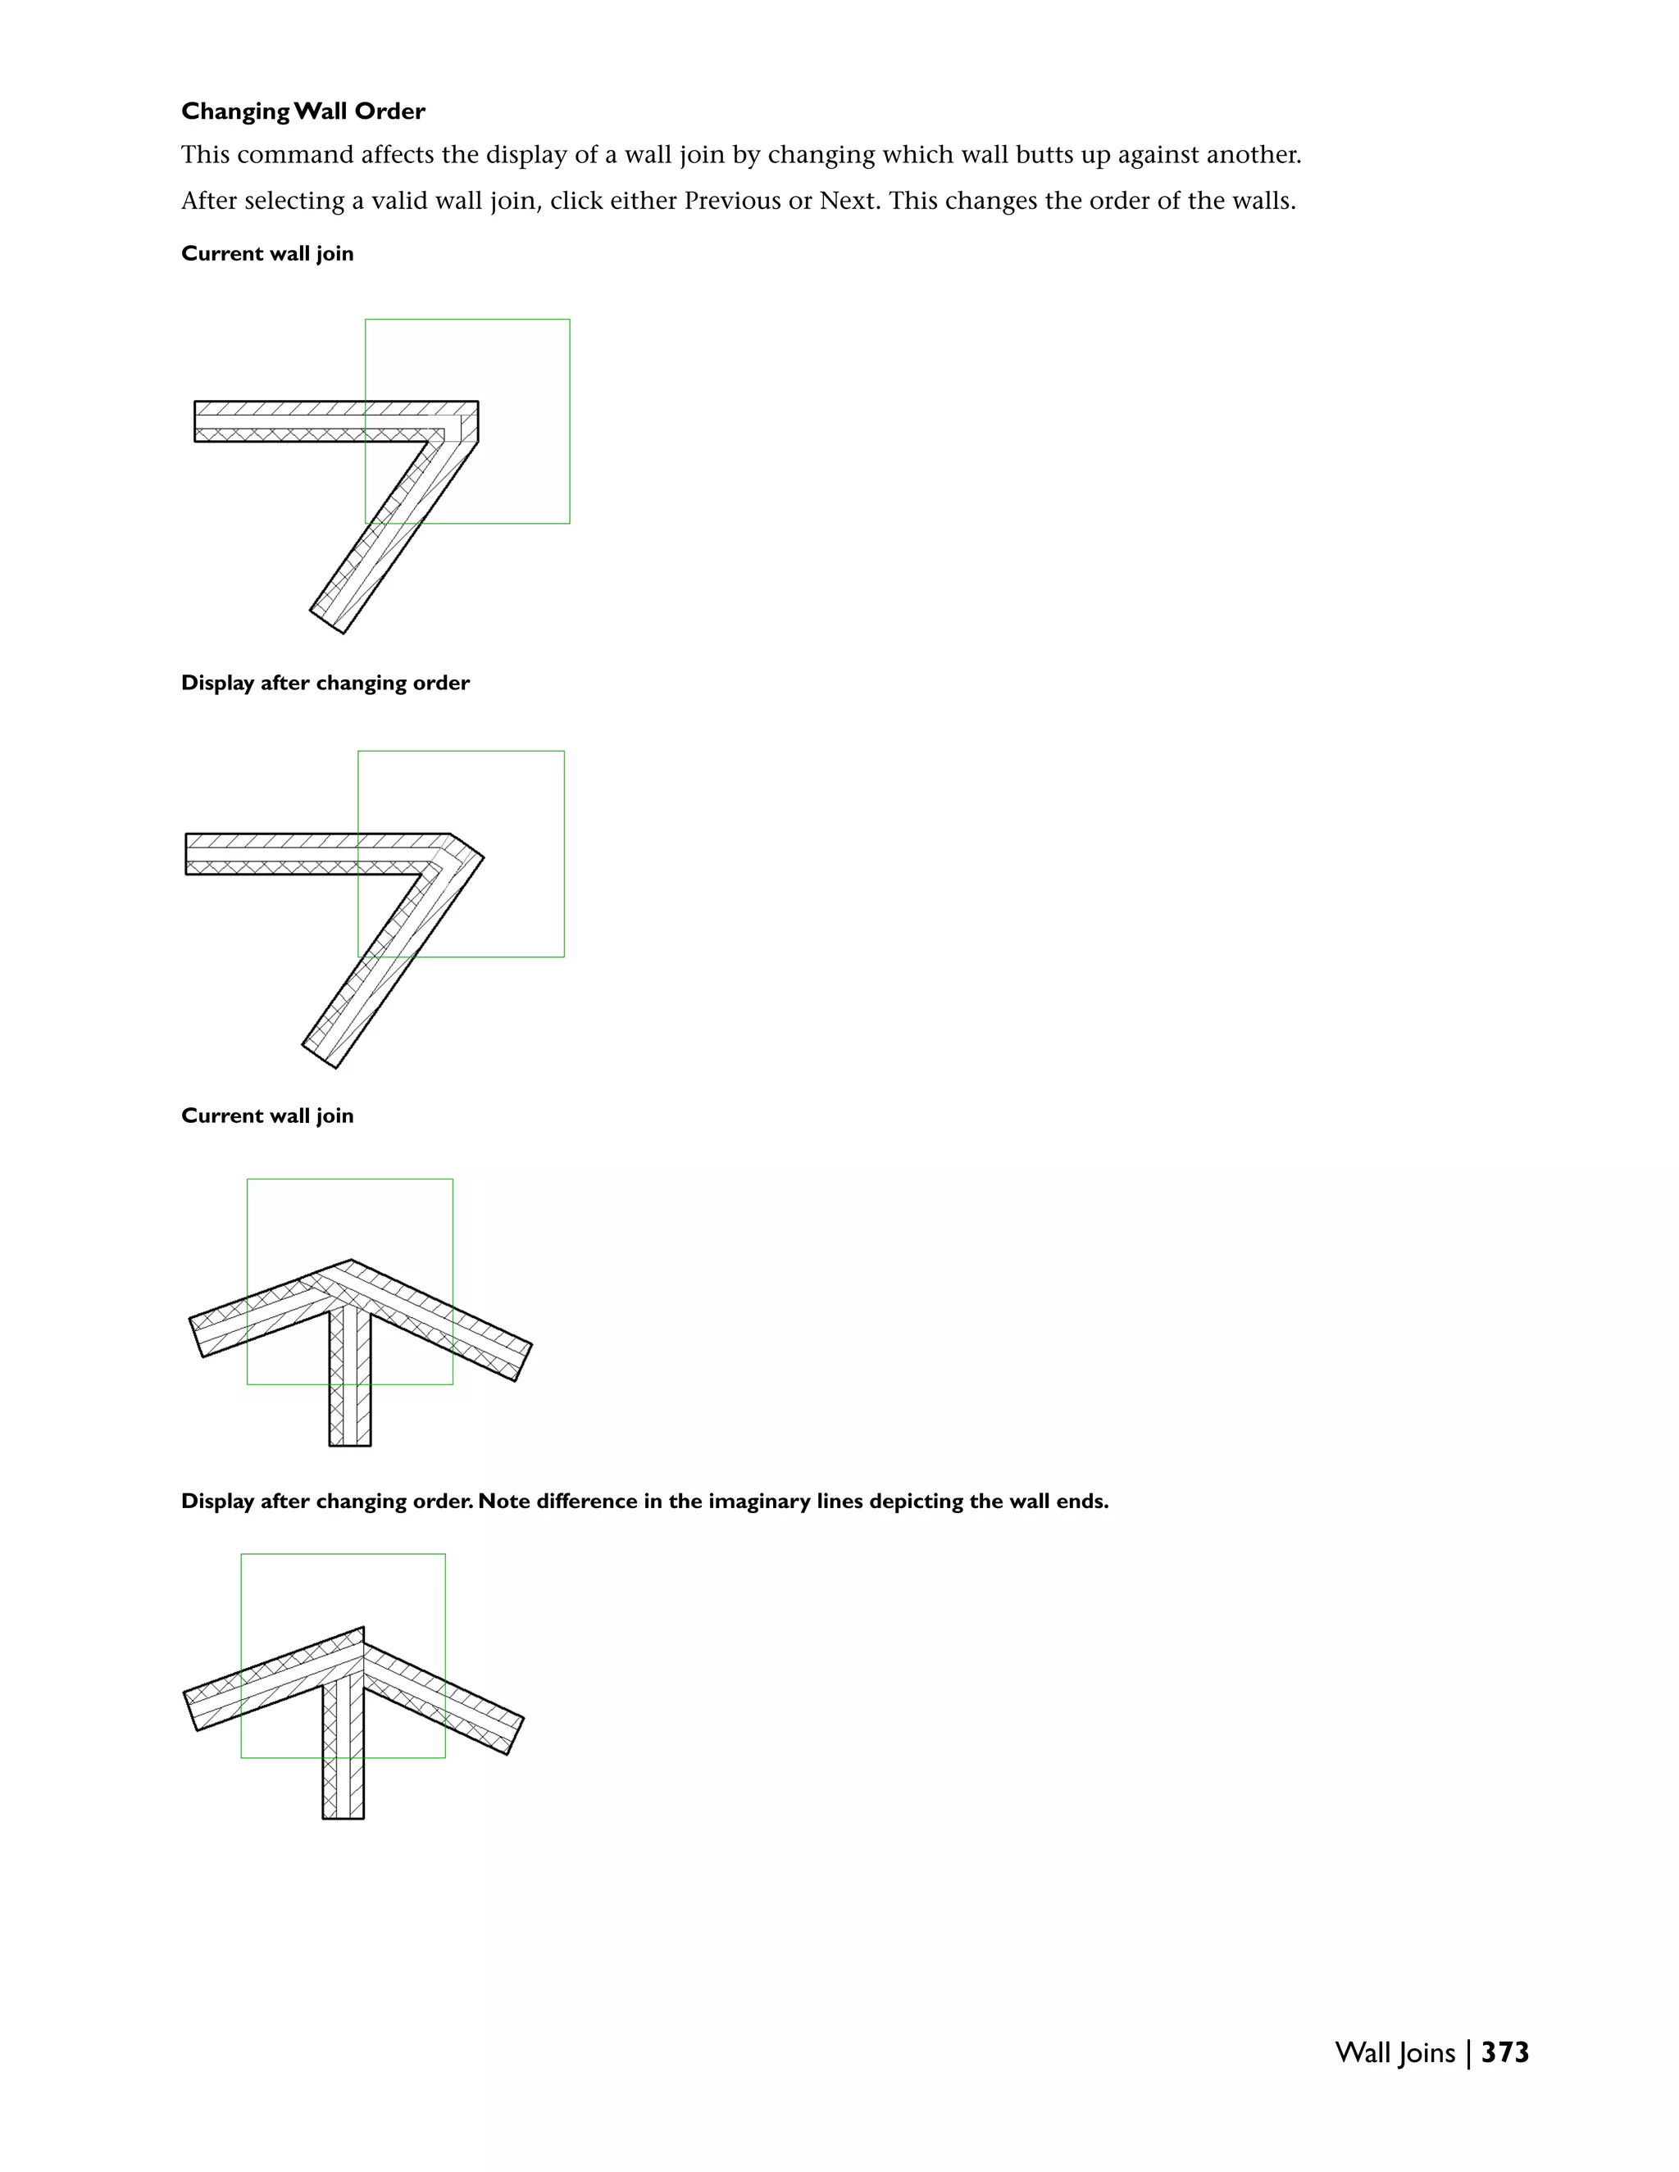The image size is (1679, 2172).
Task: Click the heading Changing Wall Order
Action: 303,111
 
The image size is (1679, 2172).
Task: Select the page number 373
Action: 1505,2052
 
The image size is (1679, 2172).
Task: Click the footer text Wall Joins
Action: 1395,2052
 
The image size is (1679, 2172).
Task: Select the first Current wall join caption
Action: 266,253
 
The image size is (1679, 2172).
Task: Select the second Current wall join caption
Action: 266,1116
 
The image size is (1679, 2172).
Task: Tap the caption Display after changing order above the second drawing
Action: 325,684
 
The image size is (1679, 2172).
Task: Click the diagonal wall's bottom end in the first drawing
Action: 327,620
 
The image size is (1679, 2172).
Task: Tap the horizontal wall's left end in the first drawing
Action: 196,420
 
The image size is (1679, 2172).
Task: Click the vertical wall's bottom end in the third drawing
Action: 350,1443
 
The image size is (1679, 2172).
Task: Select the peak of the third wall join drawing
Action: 350,1263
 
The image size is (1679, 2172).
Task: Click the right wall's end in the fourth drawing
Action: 515,1735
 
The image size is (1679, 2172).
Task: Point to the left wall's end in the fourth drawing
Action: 192,1711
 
